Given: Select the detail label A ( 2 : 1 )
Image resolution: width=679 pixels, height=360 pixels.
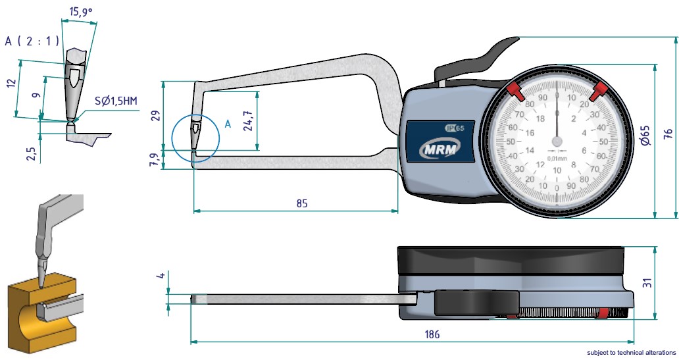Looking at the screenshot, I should tap(32, 41).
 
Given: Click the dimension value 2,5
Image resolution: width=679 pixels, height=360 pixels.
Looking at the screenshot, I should tap(30, 153).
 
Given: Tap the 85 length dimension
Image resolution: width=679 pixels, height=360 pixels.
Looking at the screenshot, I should tap(301, 203).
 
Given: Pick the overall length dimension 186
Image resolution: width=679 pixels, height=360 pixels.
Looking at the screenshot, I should tap(432, 334).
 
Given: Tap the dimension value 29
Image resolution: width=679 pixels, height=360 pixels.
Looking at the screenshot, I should tap(156, 116).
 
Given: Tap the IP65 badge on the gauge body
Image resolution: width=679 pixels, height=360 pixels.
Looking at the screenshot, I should tap(455, 128).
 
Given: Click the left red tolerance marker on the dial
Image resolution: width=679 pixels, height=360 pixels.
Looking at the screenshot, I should tap(514, 90).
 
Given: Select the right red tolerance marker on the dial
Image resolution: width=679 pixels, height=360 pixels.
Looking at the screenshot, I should tap(599, 91).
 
